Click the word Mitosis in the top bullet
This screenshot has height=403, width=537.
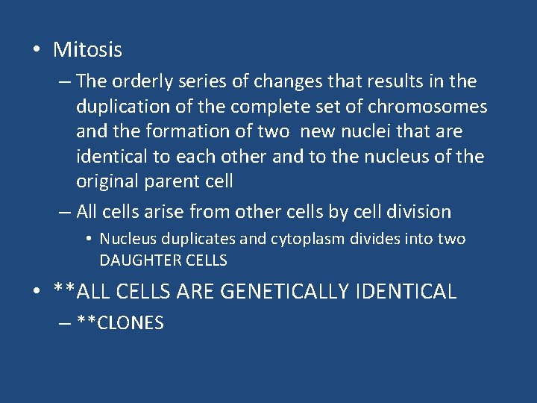87,50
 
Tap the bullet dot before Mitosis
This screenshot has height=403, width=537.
37,50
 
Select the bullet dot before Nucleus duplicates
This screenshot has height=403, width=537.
88,240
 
